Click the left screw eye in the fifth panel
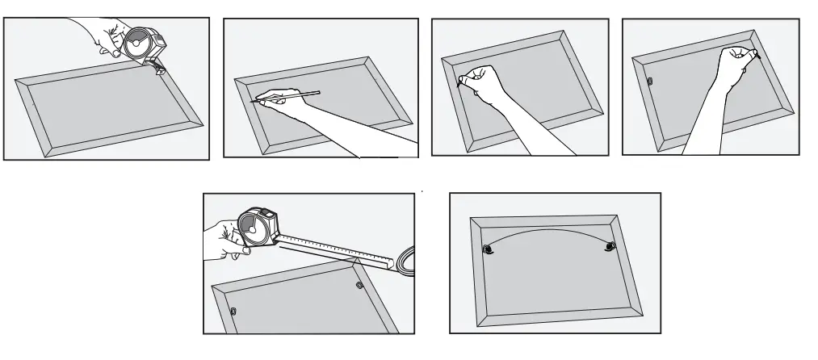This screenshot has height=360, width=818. tap(233, 312)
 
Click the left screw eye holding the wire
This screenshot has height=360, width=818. tap(488, 251)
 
